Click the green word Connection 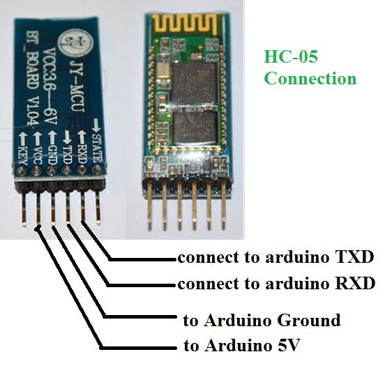pyautogui.click(x=310, y=77)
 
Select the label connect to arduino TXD pyautogui.click(x=275, y=257)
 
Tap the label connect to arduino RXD pyautogui.click(x=275, y=284)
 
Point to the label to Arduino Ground pyautogui.click(x=262, y=321)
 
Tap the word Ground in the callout pyautogui.click(x=308, y=321)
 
